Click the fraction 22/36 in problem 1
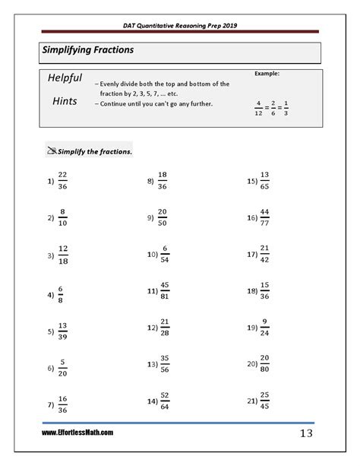pyautogui.click(x=63, y=181)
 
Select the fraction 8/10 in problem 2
pyautogui.click(x=63, y=217)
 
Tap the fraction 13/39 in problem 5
pyautogui.click(x=63, y=331)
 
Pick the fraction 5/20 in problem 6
pyautogui.click(x=63, y=368)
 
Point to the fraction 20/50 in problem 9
pyautogui.click(x=162, y=217)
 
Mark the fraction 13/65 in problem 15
pyautogui.click(x=264, y=181)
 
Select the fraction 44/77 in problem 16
pyautogui.click(x=264, y=217)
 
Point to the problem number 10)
pyautogui.click(x=152, y=255)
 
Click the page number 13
pyautogui.click(x=306, y=433)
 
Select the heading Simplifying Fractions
pyautogui.click(x=87, y=50)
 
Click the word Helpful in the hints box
pyautogui.click(x=65, y=78)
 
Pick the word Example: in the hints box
pyautogui.click(x=268, y=74)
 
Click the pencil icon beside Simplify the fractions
pyautogui.click(x=51, y=150)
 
